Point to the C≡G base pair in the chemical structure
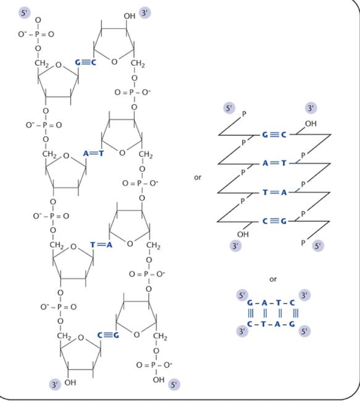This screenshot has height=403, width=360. (x=109, y=336)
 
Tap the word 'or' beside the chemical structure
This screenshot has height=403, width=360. (x=198, y=178)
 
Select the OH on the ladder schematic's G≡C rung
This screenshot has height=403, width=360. (x=311, y=124)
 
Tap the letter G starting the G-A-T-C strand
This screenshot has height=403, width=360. (x=249, y=303)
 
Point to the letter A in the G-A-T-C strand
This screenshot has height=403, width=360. (x=264, y=303)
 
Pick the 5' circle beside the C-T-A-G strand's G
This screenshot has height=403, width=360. (x=305, y=332)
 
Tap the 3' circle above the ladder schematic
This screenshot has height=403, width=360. (x=311, y=108)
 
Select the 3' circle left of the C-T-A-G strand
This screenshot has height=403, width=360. (x=240, y=332)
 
